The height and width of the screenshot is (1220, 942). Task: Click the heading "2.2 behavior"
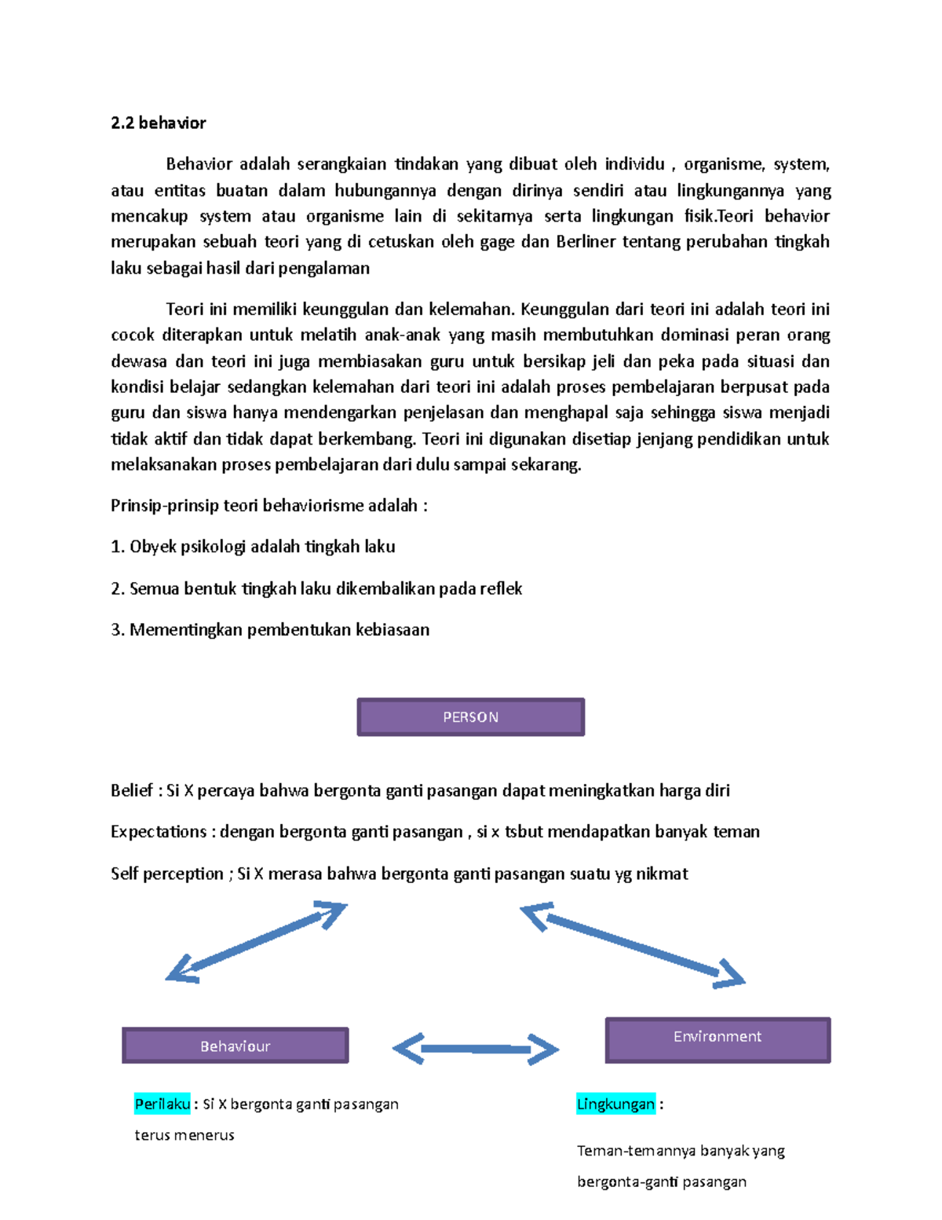[158, 123]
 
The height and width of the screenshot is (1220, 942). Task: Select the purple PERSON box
[470, 716]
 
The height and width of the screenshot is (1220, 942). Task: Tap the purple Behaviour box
[235, 1046]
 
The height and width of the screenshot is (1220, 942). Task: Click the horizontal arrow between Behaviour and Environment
[475, 1049]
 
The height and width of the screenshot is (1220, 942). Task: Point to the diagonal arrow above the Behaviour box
[256, 942]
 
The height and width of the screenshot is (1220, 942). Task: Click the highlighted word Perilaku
[162, 1104]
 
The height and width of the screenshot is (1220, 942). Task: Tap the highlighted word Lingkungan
[615, 1104]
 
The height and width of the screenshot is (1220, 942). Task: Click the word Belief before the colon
[132, 790]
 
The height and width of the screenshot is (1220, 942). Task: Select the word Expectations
[159, 831]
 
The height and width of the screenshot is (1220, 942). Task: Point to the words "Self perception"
[166, 874]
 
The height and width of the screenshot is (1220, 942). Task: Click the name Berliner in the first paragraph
[586, 242]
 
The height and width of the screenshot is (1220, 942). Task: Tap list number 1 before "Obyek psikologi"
[117, 547]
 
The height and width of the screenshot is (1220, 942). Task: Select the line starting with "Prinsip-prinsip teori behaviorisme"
[268, 505]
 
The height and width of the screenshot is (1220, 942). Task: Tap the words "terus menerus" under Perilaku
[184, 1135]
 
